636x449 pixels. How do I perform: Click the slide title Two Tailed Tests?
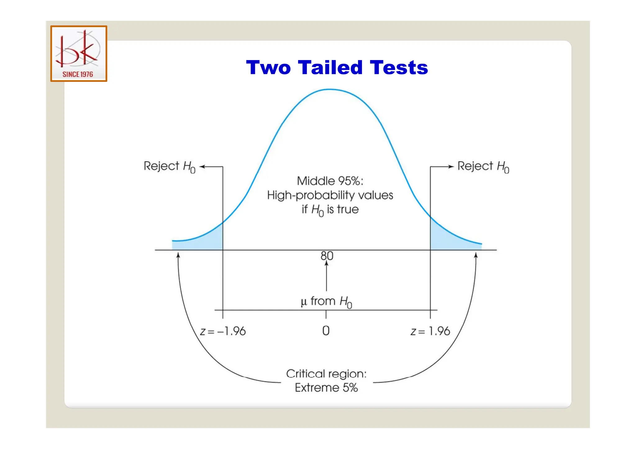click(x=337, y=67)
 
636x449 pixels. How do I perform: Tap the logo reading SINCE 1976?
click(x=79, y=54)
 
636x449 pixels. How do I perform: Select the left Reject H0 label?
click(x=169, y=167)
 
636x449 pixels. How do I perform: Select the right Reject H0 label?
click(x=483, y=167)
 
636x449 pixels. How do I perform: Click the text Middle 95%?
click(x=330, y=181)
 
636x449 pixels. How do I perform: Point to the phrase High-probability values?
click(x=330, y=195)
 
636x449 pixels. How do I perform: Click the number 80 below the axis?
click(x=327, y=256)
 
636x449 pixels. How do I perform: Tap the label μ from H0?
click(x=326, y=301)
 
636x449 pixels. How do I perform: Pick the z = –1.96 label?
click(x=223, y=331)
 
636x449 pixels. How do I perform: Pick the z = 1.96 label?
click(x=430, y=331)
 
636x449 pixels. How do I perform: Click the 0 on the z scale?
click(x=326, y=331)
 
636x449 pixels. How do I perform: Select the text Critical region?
click(x=326, y=374)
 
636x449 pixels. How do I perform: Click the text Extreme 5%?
click(x=326, y=388)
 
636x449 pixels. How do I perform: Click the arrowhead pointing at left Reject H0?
click(x=202, y=167)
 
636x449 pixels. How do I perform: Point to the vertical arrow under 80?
click(x=326, y=276)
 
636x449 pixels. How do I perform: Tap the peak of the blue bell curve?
click(x=330, y=90)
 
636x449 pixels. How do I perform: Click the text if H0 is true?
click(x=330, y=210)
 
